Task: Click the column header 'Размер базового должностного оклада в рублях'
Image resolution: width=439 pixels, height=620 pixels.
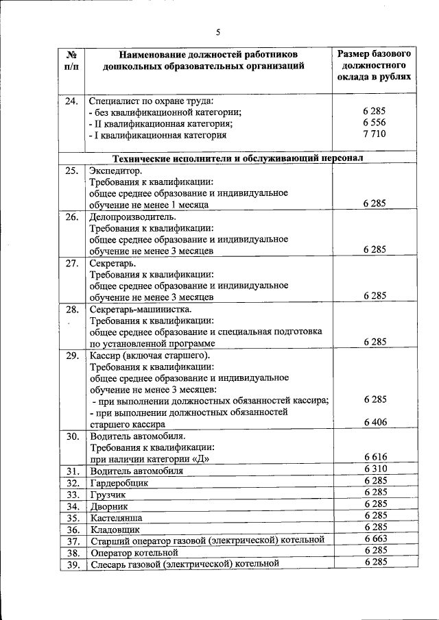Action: pyautogui.click(x=375, y=65)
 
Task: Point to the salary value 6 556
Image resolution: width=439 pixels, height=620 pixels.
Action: pyautogui.click(x=375, y=123)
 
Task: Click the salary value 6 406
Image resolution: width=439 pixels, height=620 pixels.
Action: pyautogui.click(x=375, y=422)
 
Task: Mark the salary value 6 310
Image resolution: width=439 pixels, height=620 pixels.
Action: pyautogui.click(x=375, y=469)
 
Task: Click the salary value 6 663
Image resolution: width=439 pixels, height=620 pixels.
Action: pyautogui.click(x=375, y=539)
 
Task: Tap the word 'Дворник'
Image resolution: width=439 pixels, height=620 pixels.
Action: pyautogui.click(x=109, y=506)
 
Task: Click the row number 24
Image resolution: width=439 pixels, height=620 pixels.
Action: pyautogui.click(x=71, y=101)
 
